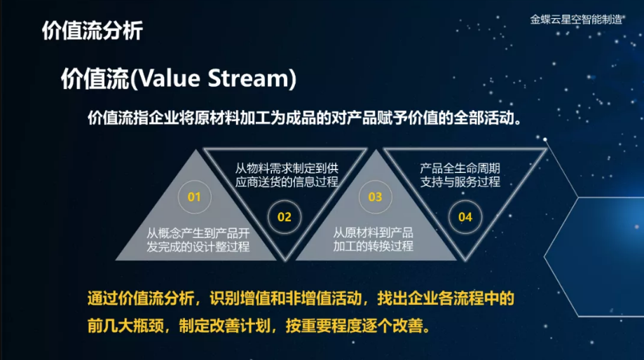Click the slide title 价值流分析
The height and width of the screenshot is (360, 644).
tap(93, 31)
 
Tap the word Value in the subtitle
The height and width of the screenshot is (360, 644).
tap(170, 78)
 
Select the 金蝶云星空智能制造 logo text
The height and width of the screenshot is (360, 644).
tap(576, 20)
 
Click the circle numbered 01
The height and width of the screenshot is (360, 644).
tap(194, 197)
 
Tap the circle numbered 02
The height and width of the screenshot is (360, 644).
tap(285, 216)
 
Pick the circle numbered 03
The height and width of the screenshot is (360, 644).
tap(375, 197)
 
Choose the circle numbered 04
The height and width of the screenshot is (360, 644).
tap(465, 216)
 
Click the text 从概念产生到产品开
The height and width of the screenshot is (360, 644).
tap(198, 233)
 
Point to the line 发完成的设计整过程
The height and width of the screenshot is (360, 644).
tap(198, 247)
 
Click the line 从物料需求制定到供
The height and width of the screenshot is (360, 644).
tap(287, 168)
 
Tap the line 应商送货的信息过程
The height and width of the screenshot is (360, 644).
tap(287, 181)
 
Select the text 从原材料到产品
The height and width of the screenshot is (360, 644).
tap(373, 233)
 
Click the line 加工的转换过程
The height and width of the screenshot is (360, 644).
tap(373, 246)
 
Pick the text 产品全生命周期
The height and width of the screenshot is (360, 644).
tap(460, 168)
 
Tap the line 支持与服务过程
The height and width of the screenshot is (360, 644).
tap(460, 181)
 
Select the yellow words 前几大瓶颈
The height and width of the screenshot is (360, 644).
tap(125, 326)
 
